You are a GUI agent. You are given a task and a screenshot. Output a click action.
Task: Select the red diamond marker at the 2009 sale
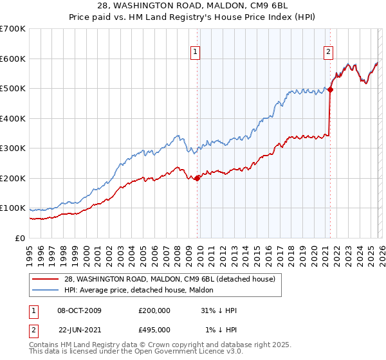tap(197, 179)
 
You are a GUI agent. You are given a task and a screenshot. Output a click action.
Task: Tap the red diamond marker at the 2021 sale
tap(330, 90)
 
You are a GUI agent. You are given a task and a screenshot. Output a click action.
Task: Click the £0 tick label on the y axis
tap(21, 238)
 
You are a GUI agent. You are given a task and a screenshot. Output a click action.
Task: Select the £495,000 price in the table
tap(154, 330)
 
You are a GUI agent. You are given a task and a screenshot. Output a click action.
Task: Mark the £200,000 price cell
tap(154, 310)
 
